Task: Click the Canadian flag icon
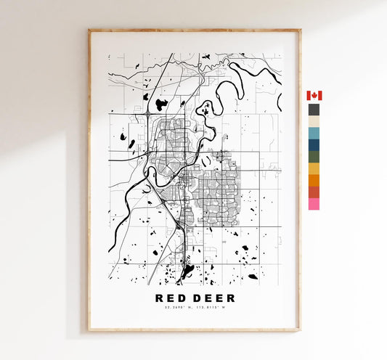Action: click(x=314, y=96)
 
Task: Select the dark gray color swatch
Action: click(x=314, y=110)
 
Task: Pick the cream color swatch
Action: click(x=314, y=121)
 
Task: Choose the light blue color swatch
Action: click(x=314, y=133)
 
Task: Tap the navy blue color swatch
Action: click(x=314, y=144)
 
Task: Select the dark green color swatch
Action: click(x=314, y=156)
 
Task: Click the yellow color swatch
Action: click(x=314, y=168)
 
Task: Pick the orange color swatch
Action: click(x=314, y=180)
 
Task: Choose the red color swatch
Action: click(x=314, y=192)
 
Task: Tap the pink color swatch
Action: click(x=314, y=204)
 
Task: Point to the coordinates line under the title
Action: click(x=194, y=311)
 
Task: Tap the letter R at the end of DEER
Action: click(x=230, y=298)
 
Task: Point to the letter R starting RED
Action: click(x=159, y=298)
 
